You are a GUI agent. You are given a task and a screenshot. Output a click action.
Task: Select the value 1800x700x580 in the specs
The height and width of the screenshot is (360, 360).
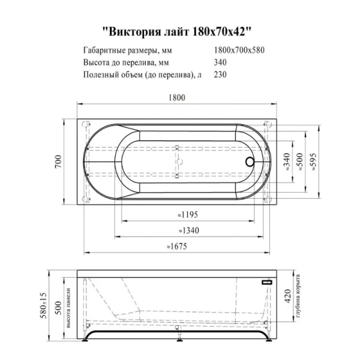point(239,50)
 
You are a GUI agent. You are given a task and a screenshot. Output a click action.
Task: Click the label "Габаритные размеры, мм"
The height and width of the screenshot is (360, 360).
point(124,50)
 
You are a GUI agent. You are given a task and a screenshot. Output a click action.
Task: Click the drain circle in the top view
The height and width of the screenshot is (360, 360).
point(250,161)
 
